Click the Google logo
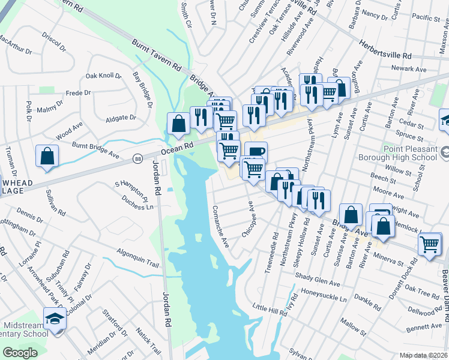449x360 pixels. click(x=20, y=353)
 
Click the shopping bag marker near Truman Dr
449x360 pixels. click(x=47, y=157)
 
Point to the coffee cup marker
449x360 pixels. click(x=256, y=153)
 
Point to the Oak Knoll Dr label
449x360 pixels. click(x=103, y=76)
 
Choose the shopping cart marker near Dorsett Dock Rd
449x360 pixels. click(x=430, y=244)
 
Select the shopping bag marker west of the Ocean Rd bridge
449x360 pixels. click(x=178, y=124)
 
